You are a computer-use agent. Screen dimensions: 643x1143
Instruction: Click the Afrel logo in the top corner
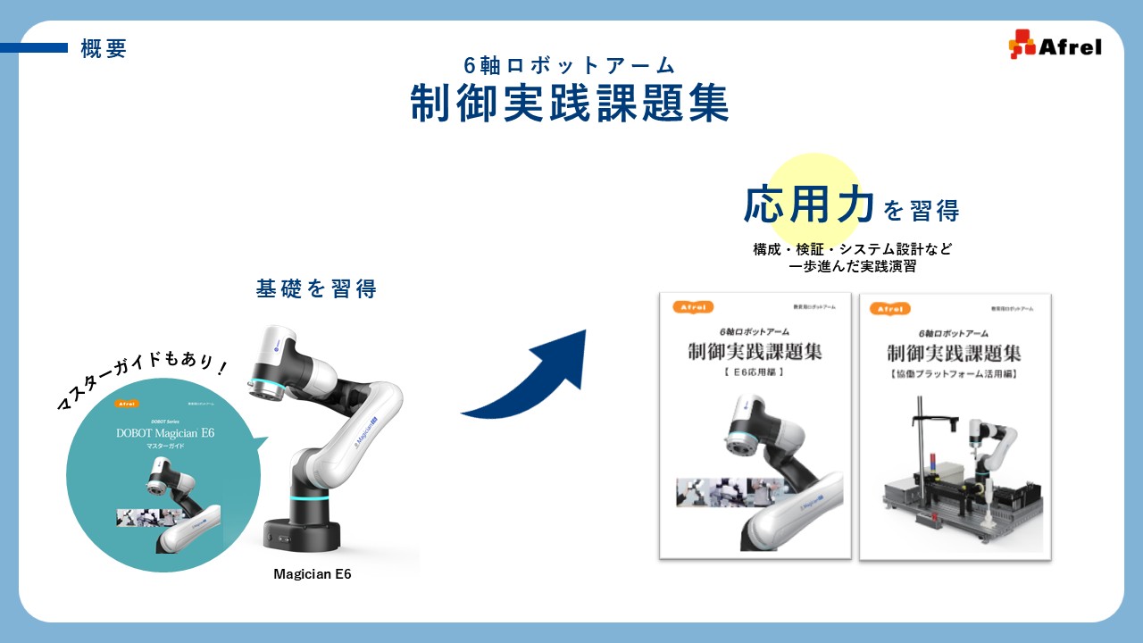pyautogui.click(x=1055, y=45)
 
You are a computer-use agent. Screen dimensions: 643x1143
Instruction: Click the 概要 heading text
pyautogui.click(x=104, y=50)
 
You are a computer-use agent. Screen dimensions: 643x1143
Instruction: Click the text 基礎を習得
pyautogui.click(x=316, y=288)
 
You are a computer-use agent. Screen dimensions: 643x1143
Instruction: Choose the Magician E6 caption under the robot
pyautogui.click(x=313, y=574)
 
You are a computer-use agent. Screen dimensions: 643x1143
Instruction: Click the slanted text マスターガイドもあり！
pyautogui.click(x=142, y=381)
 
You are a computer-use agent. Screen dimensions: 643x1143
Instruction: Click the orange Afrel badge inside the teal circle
pyautogui.click(x=128, y=404)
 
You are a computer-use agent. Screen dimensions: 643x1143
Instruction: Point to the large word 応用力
pyautogui.click(x=809, y=206)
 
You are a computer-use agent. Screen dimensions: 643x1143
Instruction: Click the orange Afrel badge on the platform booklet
pyautogui.click(x=890, y=308)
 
